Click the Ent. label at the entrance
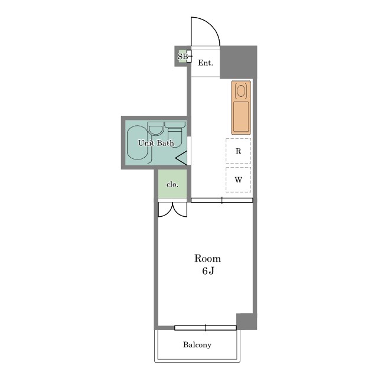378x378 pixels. (206, 63)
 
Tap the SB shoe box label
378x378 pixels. (183, 57)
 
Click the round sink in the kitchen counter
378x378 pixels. (241, 90)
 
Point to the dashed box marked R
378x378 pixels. (238, 151)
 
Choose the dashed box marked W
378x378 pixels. (238, 180)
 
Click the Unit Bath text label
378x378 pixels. (156, 143)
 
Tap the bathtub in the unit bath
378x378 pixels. (137, 143)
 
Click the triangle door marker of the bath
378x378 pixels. (181, 158)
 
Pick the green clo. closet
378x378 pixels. (172, 184)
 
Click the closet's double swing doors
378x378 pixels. (172, 210)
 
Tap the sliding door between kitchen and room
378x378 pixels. (222, 200)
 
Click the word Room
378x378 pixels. (207, 259)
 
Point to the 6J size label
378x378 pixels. (208, 271)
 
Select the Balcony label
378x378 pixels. (197, 345)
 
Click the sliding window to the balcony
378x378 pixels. (206, 328)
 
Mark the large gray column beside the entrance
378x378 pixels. (238, 62)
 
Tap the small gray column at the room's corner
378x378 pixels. (246, 321)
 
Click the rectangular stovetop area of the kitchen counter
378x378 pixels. (241, 117)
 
